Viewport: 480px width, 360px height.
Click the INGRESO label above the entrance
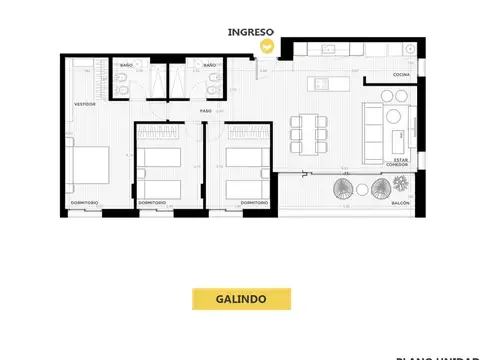pos(251,32)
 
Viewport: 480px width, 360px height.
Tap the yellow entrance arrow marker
pos(266,46)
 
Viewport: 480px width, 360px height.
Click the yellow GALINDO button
pos(240,298)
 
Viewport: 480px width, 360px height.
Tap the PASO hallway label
pos(205,110)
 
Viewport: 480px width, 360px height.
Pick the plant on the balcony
pos(401,183)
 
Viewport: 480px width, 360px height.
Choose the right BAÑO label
pos(209,66)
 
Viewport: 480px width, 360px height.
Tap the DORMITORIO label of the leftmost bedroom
pos(83,203)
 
